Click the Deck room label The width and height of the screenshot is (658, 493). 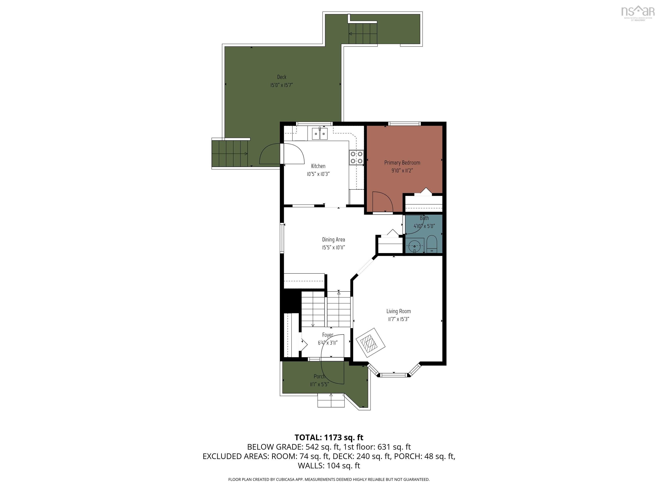(281, 77)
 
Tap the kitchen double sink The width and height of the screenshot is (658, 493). (320, 134)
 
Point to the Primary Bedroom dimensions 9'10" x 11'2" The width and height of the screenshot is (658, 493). (402, 171)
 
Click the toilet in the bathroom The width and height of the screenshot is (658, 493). (431, 244)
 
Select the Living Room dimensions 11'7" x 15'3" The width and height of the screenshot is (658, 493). (398, 319)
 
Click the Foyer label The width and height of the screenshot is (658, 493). (328, 335)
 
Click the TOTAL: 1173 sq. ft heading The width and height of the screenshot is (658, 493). (329, 437)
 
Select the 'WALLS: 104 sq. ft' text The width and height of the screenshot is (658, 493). (329, 466)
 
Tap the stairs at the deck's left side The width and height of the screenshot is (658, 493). (230, 154)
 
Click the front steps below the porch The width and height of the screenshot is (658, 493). (331, 401)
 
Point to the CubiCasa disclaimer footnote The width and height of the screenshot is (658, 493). (329, 479)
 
